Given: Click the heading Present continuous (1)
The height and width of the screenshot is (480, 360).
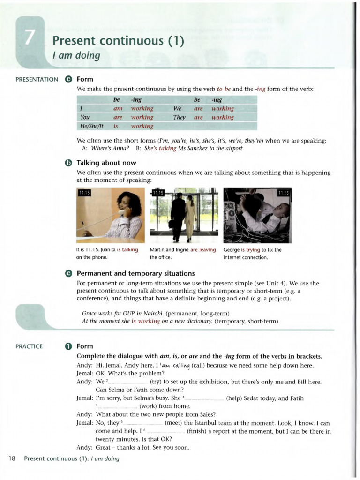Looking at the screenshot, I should point(118,41).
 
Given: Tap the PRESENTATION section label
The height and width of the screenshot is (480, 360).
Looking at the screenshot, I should point(37,80).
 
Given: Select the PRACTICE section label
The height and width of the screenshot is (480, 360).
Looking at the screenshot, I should point(29,346).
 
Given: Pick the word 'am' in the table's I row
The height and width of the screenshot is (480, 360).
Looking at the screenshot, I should point(118,109).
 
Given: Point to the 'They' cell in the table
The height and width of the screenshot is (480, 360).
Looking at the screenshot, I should point(180,117).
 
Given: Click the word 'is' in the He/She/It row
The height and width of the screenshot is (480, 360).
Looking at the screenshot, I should point(116,126).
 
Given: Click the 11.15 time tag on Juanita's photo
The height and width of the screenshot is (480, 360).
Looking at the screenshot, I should point(85,193).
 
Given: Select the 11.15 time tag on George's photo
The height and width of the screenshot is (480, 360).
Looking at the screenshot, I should point(284,193).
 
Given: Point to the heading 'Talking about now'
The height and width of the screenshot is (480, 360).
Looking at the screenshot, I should point(106,163).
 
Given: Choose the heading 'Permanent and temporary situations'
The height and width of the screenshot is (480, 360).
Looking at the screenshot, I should point(135,273).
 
